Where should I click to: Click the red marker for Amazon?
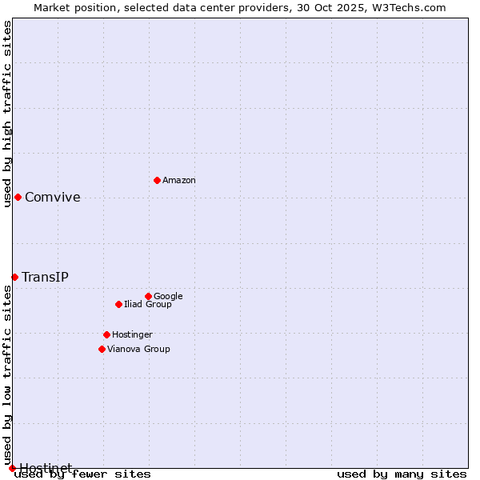157,180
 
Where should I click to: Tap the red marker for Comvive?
18,197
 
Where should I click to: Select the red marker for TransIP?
14,277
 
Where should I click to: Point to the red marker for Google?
148,296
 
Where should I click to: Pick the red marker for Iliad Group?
118,304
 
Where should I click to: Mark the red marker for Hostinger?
106,334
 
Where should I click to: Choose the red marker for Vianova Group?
102,349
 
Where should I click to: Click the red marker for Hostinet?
12,468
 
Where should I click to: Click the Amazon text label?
179,181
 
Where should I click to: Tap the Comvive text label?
53,198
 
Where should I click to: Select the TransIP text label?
45,278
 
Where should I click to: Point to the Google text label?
168,297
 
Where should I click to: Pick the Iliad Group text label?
148,305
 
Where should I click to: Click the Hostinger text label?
132,335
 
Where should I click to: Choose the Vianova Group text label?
138,350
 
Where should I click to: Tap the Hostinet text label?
46,467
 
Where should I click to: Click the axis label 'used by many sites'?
402,474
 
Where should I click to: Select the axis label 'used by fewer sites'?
83,474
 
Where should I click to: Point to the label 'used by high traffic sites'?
7,114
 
